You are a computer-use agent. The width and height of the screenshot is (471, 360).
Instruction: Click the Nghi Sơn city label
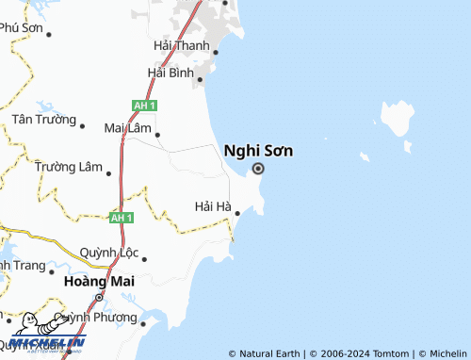coord(257,150)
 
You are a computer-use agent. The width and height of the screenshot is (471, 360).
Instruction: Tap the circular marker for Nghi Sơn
coord(258,170)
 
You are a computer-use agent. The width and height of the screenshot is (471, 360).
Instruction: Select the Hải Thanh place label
coord(182,45)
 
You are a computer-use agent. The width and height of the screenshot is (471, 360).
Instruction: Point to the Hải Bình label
coord(171,73)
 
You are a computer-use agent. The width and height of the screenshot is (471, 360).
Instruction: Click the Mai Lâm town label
coord(127,127)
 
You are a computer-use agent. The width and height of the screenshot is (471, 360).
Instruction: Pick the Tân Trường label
coord(42,120)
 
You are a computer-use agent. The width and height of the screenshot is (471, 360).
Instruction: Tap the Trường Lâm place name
coord(68,167)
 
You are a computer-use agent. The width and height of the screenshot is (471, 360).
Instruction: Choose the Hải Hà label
coord(212,206)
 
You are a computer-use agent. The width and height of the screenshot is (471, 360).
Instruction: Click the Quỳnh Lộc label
coord(109,253)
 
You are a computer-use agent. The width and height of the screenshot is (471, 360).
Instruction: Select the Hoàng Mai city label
coord(99,281)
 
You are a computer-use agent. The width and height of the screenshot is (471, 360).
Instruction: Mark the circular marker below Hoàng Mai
coord(99,298)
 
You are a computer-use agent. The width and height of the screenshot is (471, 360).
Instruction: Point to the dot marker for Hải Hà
coord(237,213)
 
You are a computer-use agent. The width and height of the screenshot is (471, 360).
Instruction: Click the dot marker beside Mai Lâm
coord(157,134)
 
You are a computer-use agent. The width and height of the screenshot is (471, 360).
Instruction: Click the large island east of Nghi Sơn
coord(398,118)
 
